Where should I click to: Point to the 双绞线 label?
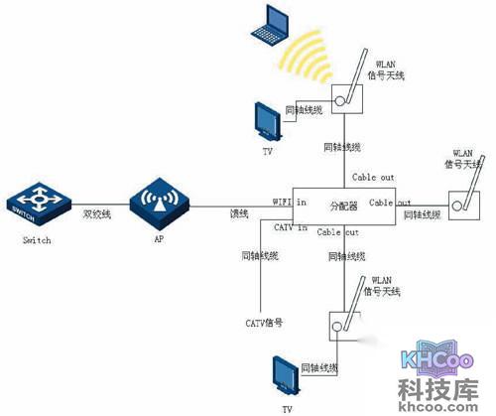tap(98, 212)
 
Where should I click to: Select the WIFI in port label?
tap(289, 202)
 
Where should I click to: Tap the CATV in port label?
tap(289, 228)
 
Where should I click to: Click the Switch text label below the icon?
tap(35, 240)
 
